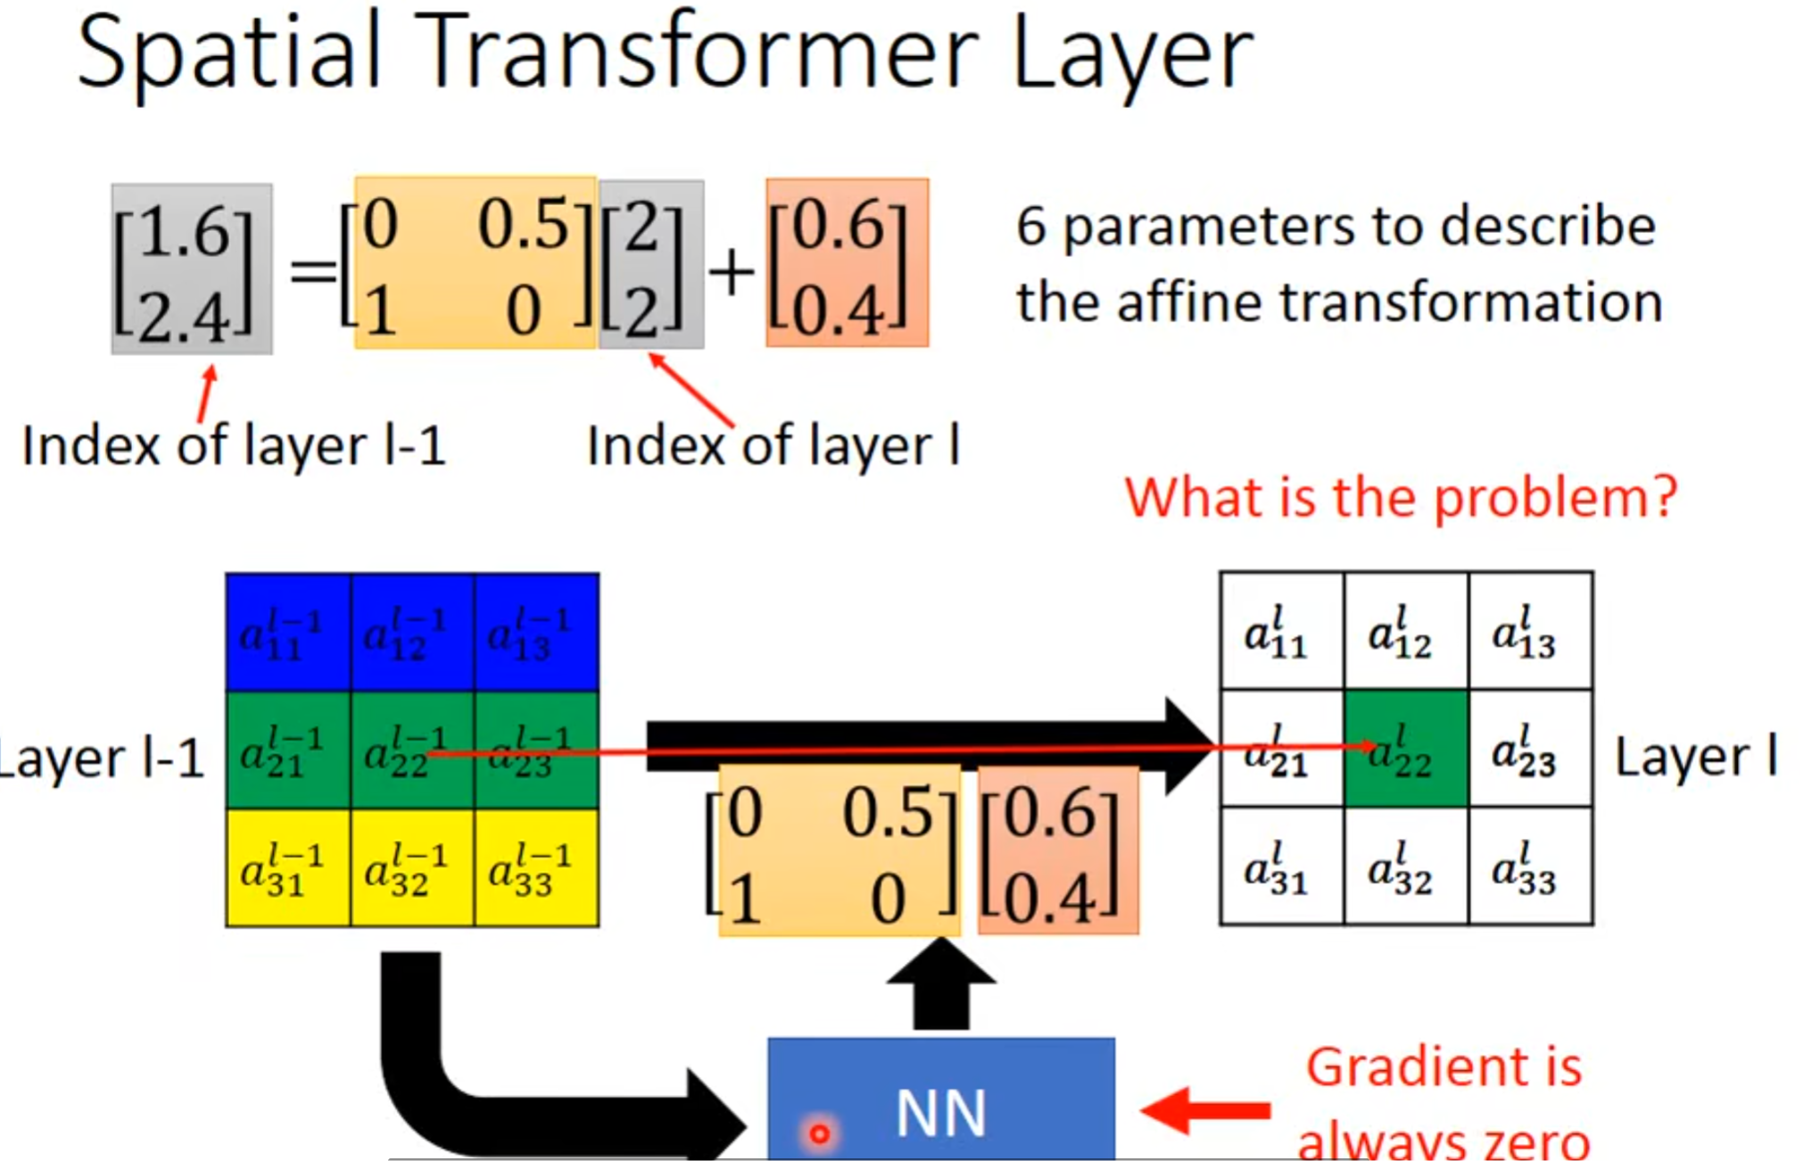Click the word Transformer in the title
696,54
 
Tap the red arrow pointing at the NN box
1205,1110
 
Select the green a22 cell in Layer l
1405,748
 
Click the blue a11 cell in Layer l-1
287,633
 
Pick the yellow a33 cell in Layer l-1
536,868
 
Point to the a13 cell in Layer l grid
1529,631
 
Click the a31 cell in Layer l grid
1281,867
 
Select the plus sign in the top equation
732,271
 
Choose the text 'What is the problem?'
1401,496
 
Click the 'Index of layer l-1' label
234,445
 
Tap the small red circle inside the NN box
819,1133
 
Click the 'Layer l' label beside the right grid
1695,757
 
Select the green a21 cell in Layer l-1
287,751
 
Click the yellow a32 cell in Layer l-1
411,868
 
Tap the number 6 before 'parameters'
1030,227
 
